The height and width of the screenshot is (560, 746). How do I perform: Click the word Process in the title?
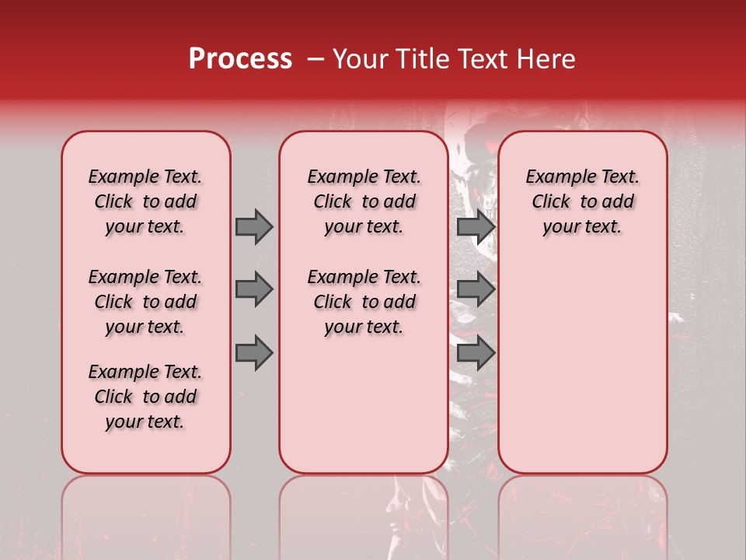[240, 59]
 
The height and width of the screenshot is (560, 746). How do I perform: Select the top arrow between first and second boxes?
[254, 226]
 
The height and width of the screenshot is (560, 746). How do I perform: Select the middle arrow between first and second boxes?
[254, 289]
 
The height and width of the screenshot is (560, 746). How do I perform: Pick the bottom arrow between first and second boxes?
[254, 353]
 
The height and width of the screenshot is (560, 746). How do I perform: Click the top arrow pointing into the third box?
[476, 226]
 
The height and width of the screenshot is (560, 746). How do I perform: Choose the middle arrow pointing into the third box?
[476, 289]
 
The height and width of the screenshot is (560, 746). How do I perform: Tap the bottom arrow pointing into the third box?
[476, 353]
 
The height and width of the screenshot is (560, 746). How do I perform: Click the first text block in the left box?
[145, 201]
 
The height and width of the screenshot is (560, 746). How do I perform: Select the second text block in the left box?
[145, 302]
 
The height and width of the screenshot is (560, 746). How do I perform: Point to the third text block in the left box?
[145, 397]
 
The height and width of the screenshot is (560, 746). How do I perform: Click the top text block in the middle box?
[364, 201]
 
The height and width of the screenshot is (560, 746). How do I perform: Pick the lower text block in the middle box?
[364, 302]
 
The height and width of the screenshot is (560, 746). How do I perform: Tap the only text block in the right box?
[582, 201]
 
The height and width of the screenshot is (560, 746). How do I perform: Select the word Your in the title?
[357, 59]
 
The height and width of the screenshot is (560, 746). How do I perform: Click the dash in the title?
[316, 59]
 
